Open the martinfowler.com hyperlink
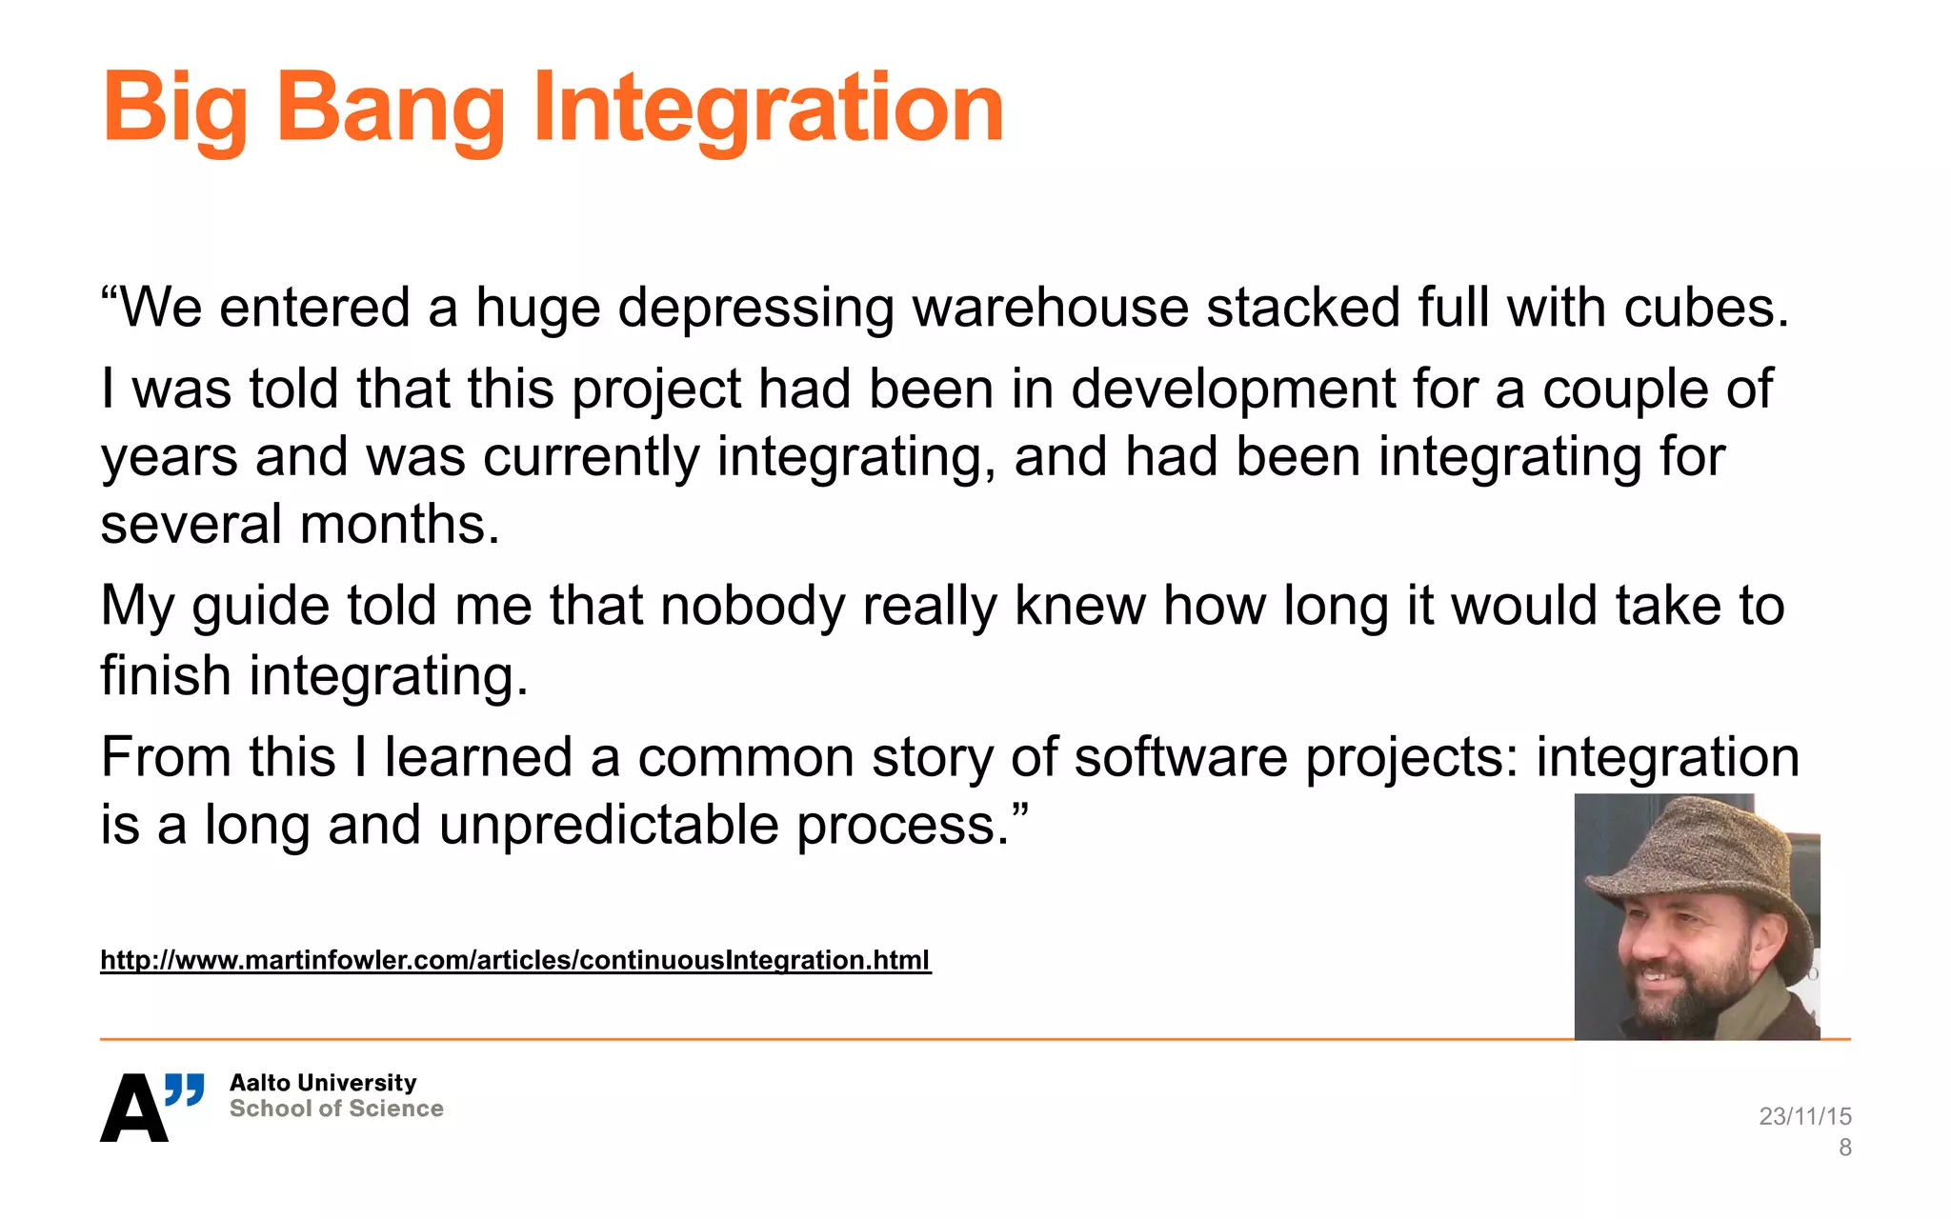pos(515,960)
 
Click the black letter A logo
pos(133,1109)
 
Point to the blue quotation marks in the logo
pos(185,1089)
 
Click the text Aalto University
pos(323,1083)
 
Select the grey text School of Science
pos(336,1109)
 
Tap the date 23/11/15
pos(1804,1116)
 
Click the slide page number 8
pos(1844,1148)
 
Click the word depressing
pos(755,308)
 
